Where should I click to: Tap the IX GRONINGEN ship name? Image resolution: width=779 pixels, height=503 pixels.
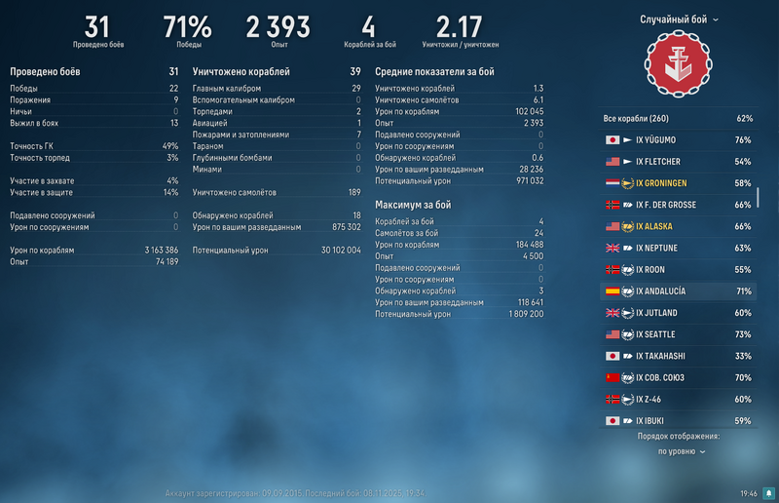tap(662, 183)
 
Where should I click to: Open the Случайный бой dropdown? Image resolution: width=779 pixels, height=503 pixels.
tap(679, 19)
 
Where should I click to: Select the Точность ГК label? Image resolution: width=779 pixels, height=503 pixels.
tap(31, 146)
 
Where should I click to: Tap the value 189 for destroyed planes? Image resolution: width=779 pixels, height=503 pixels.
tap(353, 193)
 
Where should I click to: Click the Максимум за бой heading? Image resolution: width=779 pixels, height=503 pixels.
tap(412, 205)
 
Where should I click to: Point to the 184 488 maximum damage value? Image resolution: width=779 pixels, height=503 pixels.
tap(524, 244)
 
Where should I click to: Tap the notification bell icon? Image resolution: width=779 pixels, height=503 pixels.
tap(768, 493)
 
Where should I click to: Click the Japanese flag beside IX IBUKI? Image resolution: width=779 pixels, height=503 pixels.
tap(612, 421)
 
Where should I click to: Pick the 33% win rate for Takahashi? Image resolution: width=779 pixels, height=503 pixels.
tap(743, 356)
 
